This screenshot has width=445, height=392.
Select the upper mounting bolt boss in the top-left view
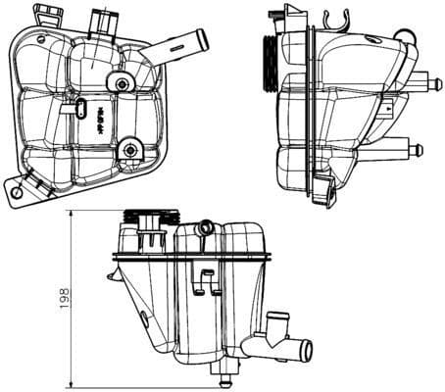[x=121, y=85]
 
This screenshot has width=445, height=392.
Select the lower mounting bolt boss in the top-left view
[x=127, y=150]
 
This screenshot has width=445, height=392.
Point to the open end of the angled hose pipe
[x=203, y=38]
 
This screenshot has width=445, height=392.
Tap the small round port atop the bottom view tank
[x=204, y=229]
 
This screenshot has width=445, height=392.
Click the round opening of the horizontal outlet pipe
[x=305, y=349]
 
